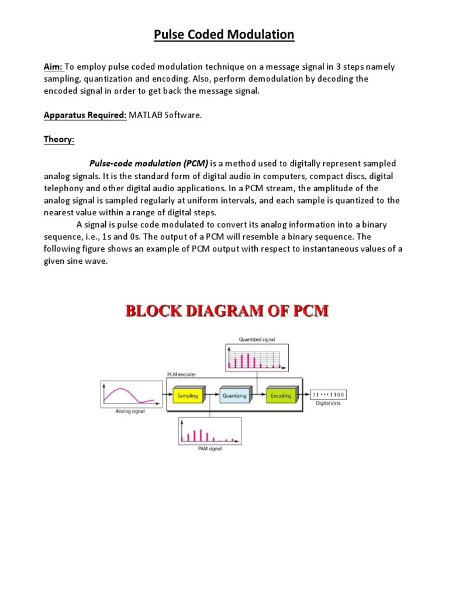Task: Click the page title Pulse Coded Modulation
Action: click(224, 35)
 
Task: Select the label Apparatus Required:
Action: click(84, 115)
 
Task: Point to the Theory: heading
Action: click(59, 140)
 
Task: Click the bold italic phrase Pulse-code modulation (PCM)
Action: click(148, 164)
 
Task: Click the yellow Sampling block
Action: click(187, 395)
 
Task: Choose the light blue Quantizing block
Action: click(234, 395)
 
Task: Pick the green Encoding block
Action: click(281, 395)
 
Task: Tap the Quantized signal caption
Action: click(257, 339)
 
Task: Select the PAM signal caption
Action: click(209, 449)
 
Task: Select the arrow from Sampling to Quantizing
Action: click(210, 395)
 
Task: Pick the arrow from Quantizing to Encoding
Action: click(258, 395)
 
